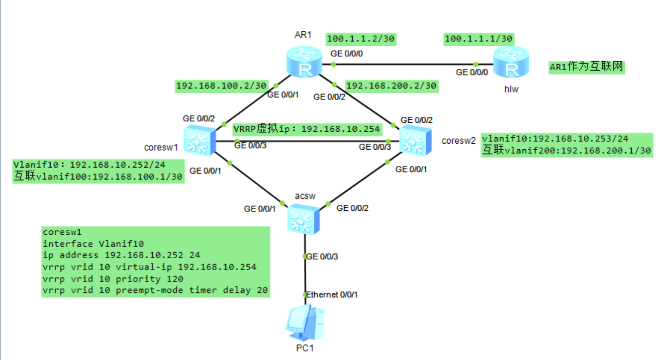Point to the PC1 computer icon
coord(304,320)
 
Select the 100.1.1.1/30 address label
coord(479,39)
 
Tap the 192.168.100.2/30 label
coord(221,86)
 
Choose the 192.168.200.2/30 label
coord(391,86)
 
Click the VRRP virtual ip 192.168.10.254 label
coord(307,129)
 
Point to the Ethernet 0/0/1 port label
coord(332,295)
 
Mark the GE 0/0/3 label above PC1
coord(323,257)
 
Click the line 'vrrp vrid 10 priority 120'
coord(113,279)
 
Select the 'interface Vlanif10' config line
coord(93,243)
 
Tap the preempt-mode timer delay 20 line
coord(156,290)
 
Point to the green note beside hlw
coord(586,68)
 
